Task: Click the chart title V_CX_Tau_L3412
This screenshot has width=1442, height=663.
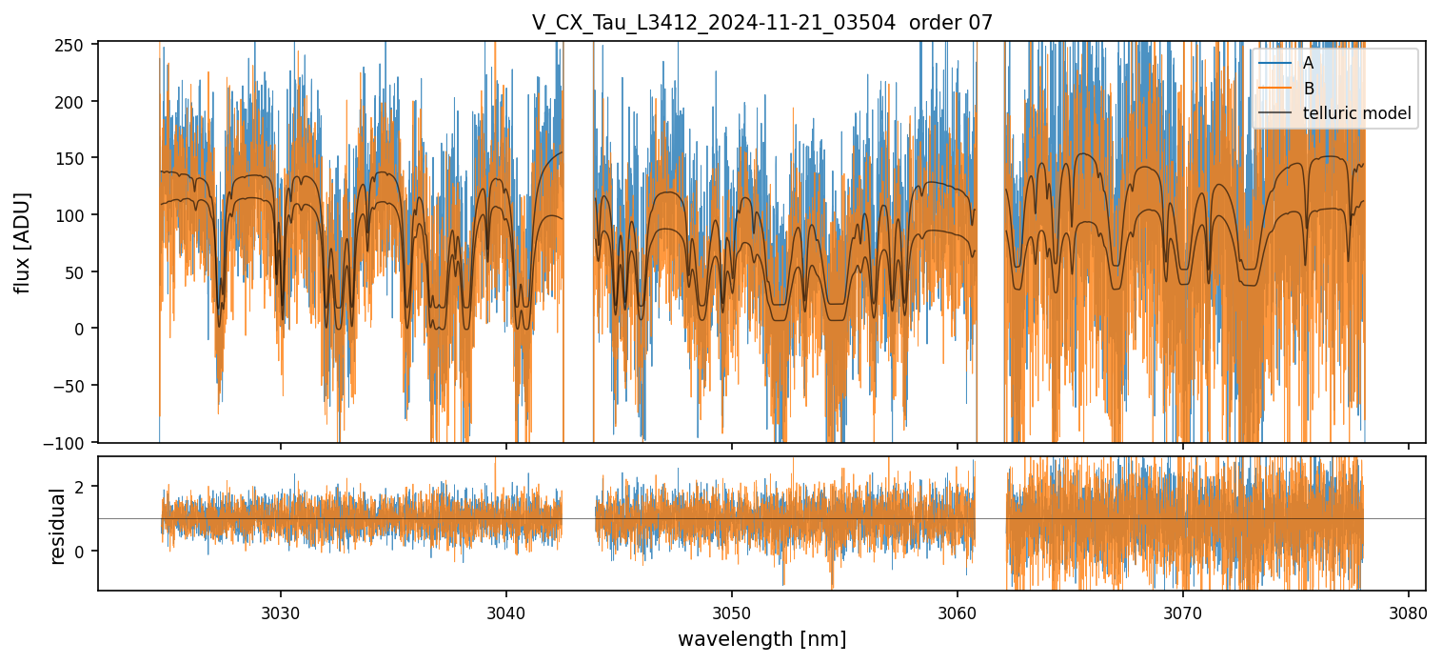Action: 761,23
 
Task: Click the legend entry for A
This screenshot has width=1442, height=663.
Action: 1308,63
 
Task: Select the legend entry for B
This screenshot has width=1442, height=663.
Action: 1308,89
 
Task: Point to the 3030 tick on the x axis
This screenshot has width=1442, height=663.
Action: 281,610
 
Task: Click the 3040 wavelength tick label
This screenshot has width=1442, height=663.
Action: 506,610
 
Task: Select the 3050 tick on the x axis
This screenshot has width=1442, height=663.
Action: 731,610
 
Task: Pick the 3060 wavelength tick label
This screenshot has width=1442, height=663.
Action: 957,610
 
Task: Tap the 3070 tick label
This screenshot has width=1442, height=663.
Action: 1182,610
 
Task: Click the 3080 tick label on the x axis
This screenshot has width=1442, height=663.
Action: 1408,610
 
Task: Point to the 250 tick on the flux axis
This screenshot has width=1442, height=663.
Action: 74,45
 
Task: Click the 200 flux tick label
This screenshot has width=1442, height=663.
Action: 74,102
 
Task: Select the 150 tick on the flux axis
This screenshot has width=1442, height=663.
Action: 74,158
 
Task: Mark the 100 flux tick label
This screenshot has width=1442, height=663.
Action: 74,215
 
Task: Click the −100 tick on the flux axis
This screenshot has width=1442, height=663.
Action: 69,442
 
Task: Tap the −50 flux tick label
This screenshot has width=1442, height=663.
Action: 71,386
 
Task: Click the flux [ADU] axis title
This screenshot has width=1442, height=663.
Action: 22,242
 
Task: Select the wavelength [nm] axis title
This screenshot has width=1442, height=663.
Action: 761,638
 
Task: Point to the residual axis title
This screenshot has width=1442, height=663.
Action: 57,525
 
